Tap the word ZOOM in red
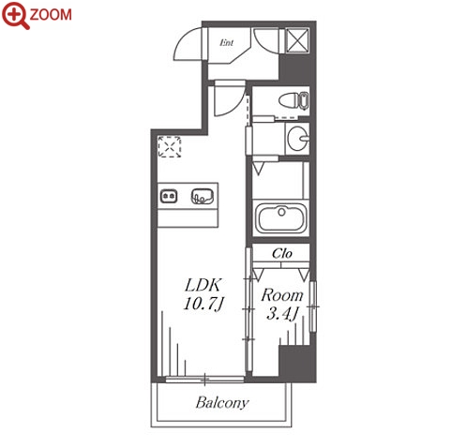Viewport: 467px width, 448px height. click(x=51, y=15)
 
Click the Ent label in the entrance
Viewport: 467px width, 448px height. click(x=226, y=42)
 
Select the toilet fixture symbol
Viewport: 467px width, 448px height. click(x=294, y=100)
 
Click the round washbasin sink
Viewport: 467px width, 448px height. click(x=298, y=139)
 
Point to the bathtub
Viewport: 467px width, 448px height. click(x=281, y=217)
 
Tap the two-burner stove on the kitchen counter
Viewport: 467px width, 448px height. click(x=169, y=197)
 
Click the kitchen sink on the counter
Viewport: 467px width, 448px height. click(x=203, y=196)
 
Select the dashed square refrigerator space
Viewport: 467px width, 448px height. click(x=170, y=146)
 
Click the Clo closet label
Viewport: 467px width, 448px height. click(x=282, y=253)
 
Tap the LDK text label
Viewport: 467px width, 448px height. click(x=203, y=285)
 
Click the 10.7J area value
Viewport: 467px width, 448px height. click(x=204, y=304)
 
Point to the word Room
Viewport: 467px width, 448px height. click(x=282, y=295)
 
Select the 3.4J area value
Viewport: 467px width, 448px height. click(x=281, y=313)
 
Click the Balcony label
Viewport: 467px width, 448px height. click(x=222, y=403)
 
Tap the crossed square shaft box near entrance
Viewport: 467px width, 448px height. click(x=297, y=40)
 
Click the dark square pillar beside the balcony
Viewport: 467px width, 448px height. click(x=297, y=363)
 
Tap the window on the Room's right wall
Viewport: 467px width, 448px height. click(x=313, y=306)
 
